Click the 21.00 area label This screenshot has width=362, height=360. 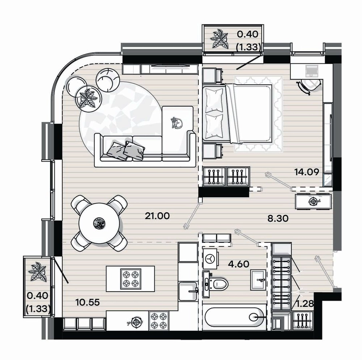point(157,216)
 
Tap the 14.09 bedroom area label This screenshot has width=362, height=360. point(306,172)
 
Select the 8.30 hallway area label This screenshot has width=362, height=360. point(278,218)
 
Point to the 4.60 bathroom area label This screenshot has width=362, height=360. point(239,264)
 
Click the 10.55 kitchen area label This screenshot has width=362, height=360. point(88,302)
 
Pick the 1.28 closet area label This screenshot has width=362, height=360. point(305,304)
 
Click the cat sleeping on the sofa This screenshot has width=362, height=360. point(177,122)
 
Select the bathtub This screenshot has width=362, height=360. point(234,317)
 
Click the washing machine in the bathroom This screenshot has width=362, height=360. point(210,259)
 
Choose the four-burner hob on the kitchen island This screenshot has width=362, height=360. point(130,279)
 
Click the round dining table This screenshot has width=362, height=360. point(99,223)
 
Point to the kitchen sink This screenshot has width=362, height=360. point(188,291)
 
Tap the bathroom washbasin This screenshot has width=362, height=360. point(258,280)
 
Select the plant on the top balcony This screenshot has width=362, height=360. point(220,39)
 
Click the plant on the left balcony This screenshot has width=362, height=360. point(38,272)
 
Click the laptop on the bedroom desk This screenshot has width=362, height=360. point(312,71)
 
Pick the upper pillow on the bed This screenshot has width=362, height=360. point(214,100)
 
